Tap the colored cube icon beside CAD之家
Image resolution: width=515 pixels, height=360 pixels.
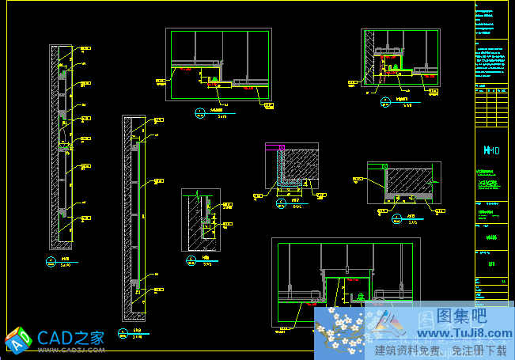[x=18, y=338]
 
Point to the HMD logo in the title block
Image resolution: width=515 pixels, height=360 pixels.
[x=492, y=150]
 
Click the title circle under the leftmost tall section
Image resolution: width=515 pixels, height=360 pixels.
[x=51, y=260]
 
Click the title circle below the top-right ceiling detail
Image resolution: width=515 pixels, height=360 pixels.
[x=385, y=100]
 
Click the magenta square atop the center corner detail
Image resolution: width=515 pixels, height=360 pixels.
[x=282, y=147]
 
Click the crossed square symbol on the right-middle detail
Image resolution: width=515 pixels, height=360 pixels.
[x=385, y=167]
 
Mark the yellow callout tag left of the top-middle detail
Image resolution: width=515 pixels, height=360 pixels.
[x=161, y=81]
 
